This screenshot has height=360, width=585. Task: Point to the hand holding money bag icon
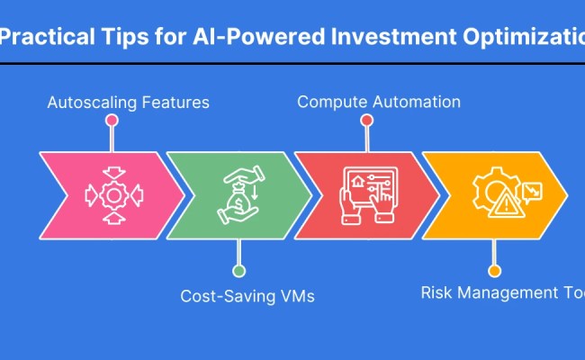(x=238, y=194)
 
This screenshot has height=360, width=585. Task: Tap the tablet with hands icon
(x=366, y=194)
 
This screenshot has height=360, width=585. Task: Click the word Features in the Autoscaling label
(x=176, y=102)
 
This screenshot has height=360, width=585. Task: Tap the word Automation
(x=414, y=102)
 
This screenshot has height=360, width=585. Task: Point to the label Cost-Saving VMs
(x=247, y=295)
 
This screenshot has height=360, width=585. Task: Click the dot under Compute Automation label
(x=366, y=119)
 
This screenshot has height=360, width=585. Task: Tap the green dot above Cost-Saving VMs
(x=238, y=270)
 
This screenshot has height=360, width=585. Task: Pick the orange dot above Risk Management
(x=493, y=270)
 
